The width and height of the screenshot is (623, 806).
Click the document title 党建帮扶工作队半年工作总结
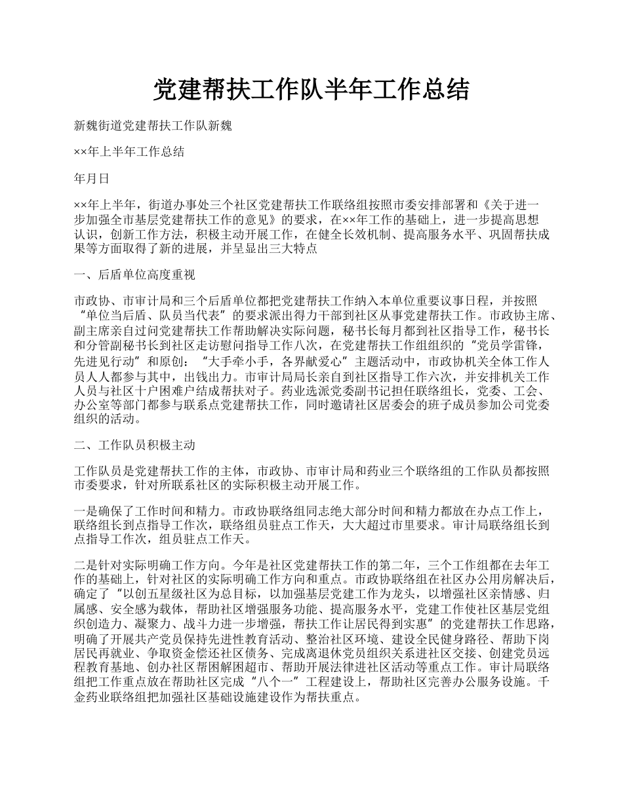tap(311, 90)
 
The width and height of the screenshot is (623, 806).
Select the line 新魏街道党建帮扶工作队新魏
tap(153, 125)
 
